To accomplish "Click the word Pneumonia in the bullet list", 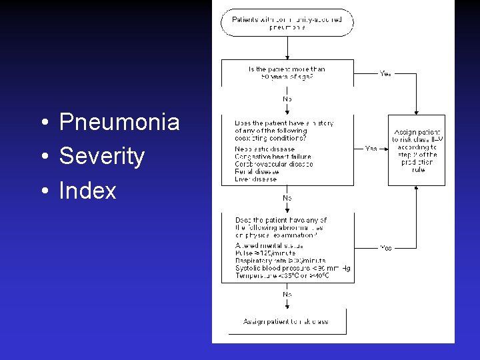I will pos(119,122).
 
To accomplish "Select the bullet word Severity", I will pos(102,157).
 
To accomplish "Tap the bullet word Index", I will pos(87,191).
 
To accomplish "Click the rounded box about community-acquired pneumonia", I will pos(287,23).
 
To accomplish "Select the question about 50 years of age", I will pos(287,73).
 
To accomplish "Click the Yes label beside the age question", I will pos(385,74).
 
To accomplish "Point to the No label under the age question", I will pos(287,99).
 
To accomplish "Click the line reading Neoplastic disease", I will pos(265,149).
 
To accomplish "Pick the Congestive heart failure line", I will pos(273,157).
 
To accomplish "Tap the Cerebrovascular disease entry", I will pos(274,164).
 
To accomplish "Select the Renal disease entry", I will pos(257,171).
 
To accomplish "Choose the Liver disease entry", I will pos(257,179).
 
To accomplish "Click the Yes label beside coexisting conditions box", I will pos(371,148).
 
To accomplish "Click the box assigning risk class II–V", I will pos(417,151).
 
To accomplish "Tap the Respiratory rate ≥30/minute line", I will pos(280,261).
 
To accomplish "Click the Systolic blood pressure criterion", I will pos(293,268).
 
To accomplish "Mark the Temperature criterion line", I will pos(283,275).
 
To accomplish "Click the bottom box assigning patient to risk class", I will pos(286,321).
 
